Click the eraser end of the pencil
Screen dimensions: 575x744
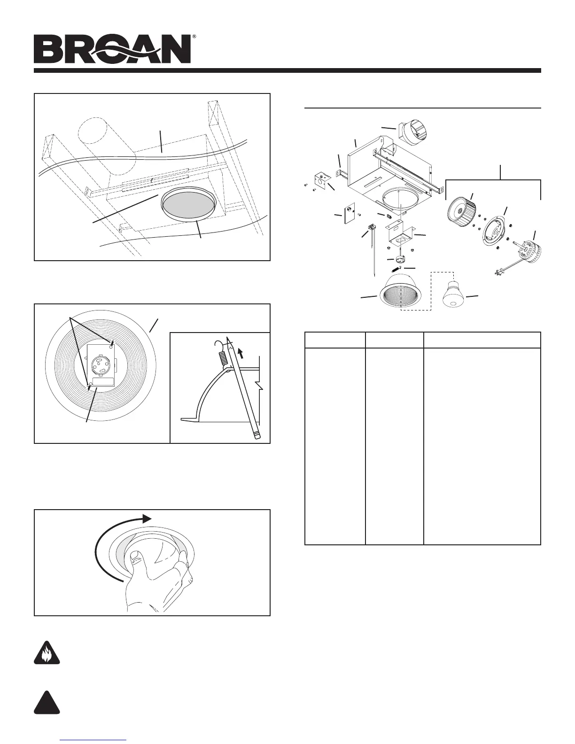[x=256, y=436]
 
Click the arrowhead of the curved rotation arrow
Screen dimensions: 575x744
[x=147, y=518]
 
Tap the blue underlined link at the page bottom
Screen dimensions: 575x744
[x=94, y=740]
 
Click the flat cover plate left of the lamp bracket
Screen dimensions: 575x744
[x=350, y=214]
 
